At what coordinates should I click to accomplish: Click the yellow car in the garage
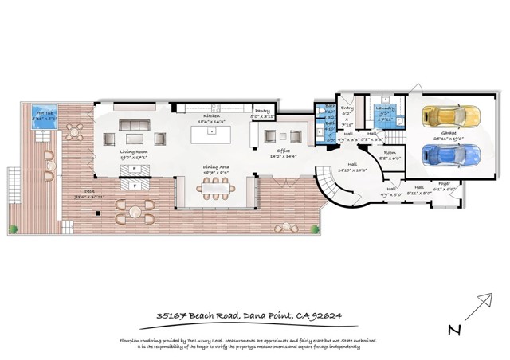tap(451, 119)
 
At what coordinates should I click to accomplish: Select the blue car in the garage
tap(450, 152)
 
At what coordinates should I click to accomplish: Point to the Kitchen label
tap(211, 115)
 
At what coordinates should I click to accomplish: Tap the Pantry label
tap(262, 112)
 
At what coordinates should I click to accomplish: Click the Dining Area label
tap(214, 166)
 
